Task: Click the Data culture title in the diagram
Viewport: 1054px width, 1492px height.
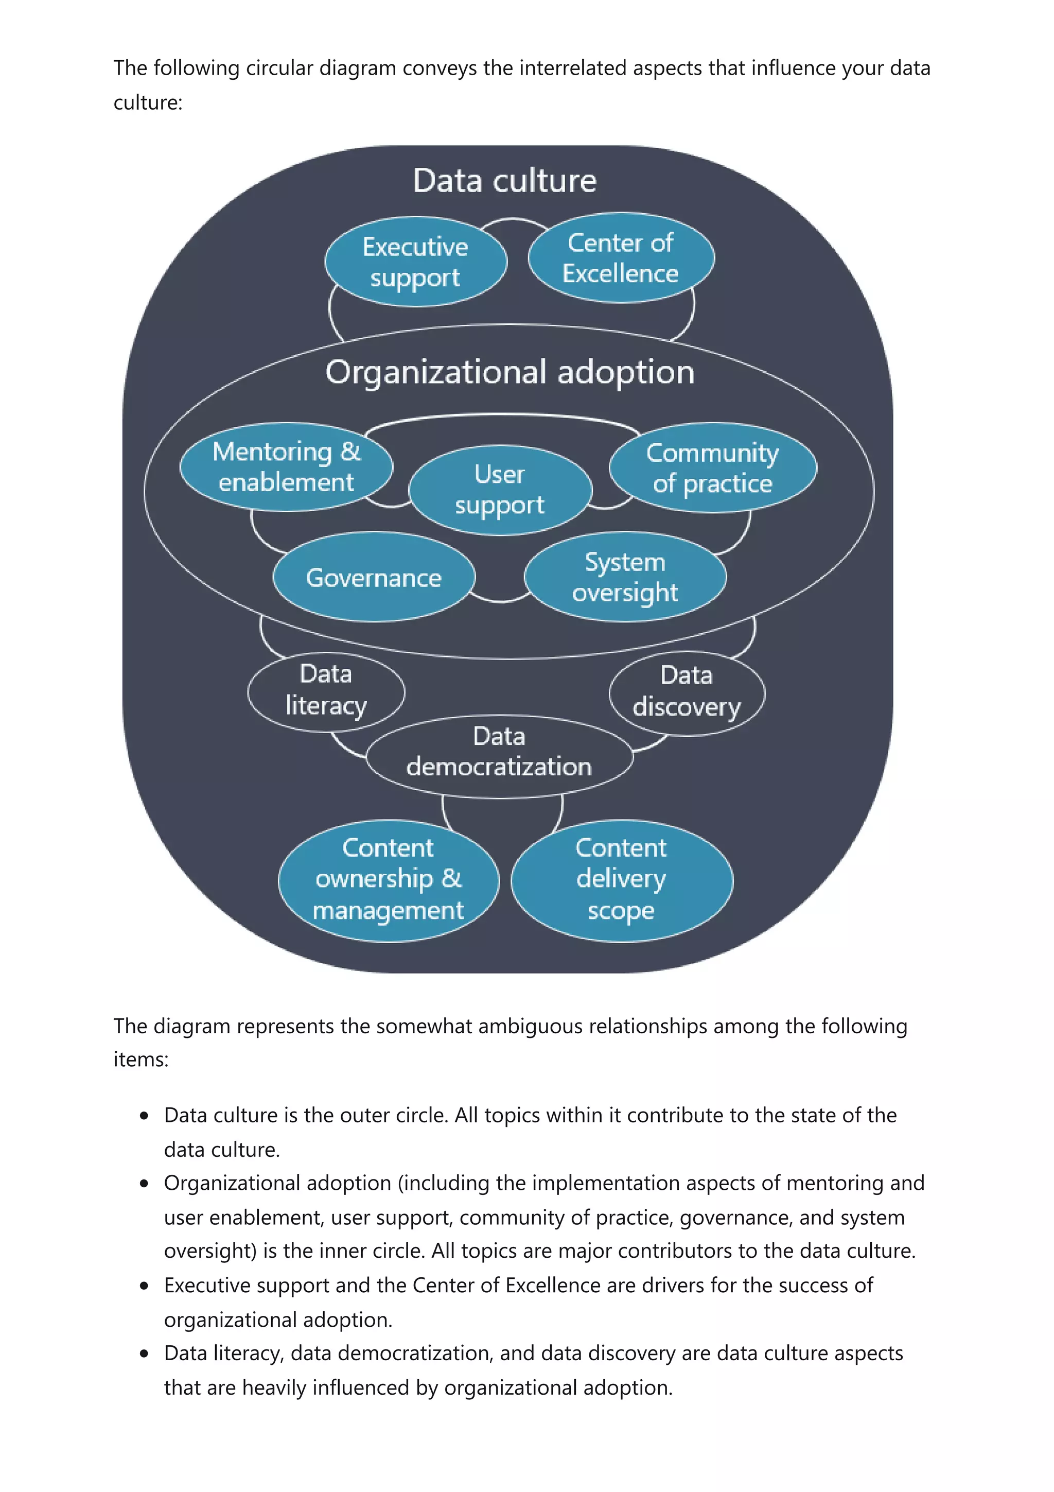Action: tap(504, 181)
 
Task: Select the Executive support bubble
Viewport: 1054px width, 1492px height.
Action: tap(416, 262)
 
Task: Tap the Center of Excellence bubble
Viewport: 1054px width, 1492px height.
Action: tap(621, 258)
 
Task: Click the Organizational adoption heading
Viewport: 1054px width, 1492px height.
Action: tap(510, 372)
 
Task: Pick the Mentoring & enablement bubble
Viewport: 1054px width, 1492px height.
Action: tap(286, 466)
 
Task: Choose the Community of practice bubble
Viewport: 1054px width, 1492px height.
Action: tap(712, 468)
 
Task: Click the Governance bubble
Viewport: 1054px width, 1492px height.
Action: tap(374, 577)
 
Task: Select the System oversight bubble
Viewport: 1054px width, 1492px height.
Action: tap(625, 577)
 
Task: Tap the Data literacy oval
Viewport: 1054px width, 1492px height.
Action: tap(326, 691)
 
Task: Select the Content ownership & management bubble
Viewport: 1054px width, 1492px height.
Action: tap(389, 880)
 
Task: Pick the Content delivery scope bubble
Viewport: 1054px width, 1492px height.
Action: tap(622, 880)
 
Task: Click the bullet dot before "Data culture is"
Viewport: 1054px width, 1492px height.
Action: tap(144, 1116)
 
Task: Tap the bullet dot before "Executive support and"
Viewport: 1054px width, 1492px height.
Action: tap(144, 1286)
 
